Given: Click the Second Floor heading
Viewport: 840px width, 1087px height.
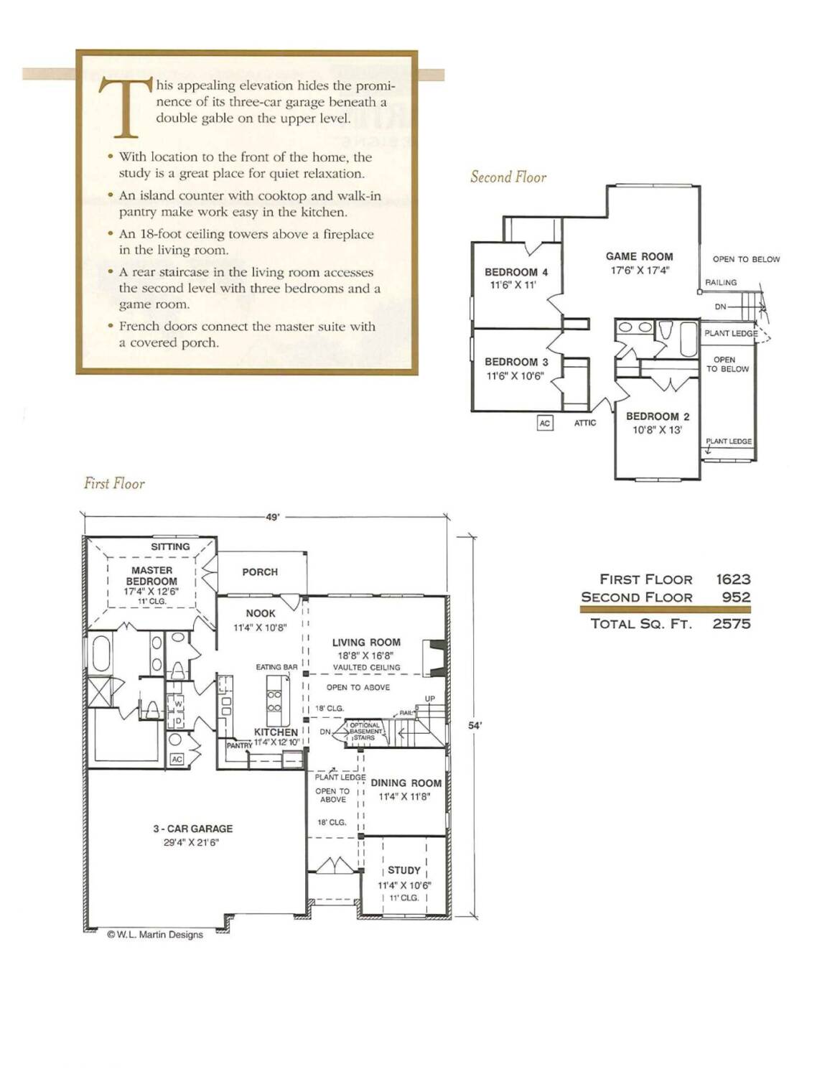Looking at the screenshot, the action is click(x=508, y=177).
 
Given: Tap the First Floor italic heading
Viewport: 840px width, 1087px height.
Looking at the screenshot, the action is click(x=114, y=483).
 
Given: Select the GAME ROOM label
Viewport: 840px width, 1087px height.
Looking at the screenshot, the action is click(x=639, y=256).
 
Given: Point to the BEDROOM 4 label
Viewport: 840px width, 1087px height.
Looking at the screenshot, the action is click(x=516, y=272).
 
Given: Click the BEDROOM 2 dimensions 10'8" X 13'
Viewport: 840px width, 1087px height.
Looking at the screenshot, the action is click(x=658, y=429).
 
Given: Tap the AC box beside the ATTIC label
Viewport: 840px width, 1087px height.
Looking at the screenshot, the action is click(x=544, y=423).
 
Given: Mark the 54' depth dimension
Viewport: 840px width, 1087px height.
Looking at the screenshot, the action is click(x=475, y=725).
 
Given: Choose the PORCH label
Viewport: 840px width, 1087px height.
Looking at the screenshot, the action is click(x=260, y=572).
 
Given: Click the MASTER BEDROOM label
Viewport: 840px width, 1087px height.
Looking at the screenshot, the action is click(x=151, y=576).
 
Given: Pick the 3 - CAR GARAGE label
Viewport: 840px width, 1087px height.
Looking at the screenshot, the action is click(x=192, y=829).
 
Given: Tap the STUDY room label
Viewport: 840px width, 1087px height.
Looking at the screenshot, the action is click(x=404, y=870).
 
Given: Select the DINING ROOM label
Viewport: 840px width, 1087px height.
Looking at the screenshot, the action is click(x=406, y=783).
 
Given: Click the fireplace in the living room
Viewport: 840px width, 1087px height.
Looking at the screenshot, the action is click(x=434, y=658).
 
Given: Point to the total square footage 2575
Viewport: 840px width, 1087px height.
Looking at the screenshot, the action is click(x=732, y=623).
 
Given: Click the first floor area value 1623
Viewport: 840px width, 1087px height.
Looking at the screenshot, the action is click(x=733, y=579).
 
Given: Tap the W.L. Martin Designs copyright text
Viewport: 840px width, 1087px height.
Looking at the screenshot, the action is click(x=156, y=934).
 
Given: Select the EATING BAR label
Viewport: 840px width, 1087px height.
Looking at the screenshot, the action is click(x=276, y=667).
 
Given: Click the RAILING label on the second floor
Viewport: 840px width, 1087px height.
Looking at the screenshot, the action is click(x=721, y=283).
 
